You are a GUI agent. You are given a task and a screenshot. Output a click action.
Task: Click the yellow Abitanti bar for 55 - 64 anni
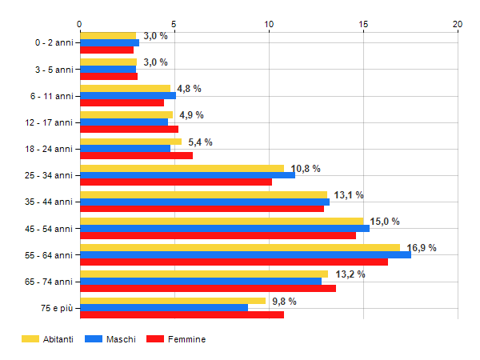pyautogui.click(x=240, y=247)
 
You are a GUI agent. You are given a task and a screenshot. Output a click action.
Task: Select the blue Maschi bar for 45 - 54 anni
pyautogui.click(x=225, y=228)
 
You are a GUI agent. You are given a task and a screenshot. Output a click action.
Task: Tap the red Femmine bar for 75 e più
pyautogui.click(x=182, y=314)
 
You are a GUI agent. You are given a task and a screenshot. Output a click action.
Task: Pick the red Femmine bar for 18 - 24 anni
pyautogui.click(x=136, y=155)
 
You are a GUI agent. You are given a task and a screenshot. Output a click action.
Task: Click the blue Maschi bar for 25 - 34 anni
pyautogui.click(x=187, y=175)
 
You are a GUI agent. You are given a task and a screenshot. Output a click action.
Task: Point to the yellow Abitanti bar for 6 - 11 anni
pyautogui.click(x=125, y=88)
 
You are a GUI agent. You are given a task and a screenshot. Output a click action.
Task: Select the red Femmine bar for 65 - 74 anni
pyautogui.click(x=208, y=288)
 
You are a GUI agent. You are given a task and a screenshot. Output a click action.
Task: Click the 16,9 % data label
pyautogui.click(x=422, y=248)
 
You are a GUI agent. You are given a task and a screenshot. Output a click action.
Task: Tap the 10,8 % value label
pyautogui.click(x=306, y=169)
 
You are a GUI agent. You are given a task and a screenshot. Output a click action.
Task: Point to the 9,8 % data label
pyautogui.click(x=284, y=302)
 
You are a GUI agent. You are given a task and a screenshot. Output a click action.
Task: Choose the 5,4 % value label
pyautogui.click(x=199, y=142)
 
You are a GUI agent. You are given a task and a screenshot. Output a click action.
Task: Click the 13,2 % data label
pyautogui.click(x=350, y=274)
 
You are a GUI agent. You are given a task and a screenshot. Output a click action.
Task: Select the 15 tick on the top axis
pyautogui.click(x=364, y=25)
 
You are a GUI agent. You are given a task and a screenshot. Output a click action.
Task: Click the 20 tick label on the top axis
pyautogui.click(x=458, y=25)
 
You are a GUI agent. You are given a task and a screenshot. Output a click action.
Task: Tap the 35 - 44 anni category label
pyautogui.click(x=50, y=202)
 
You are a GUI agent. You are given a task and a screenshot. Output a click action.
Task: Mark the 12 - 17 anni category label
pyautogui.click(x=50, y=122)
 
